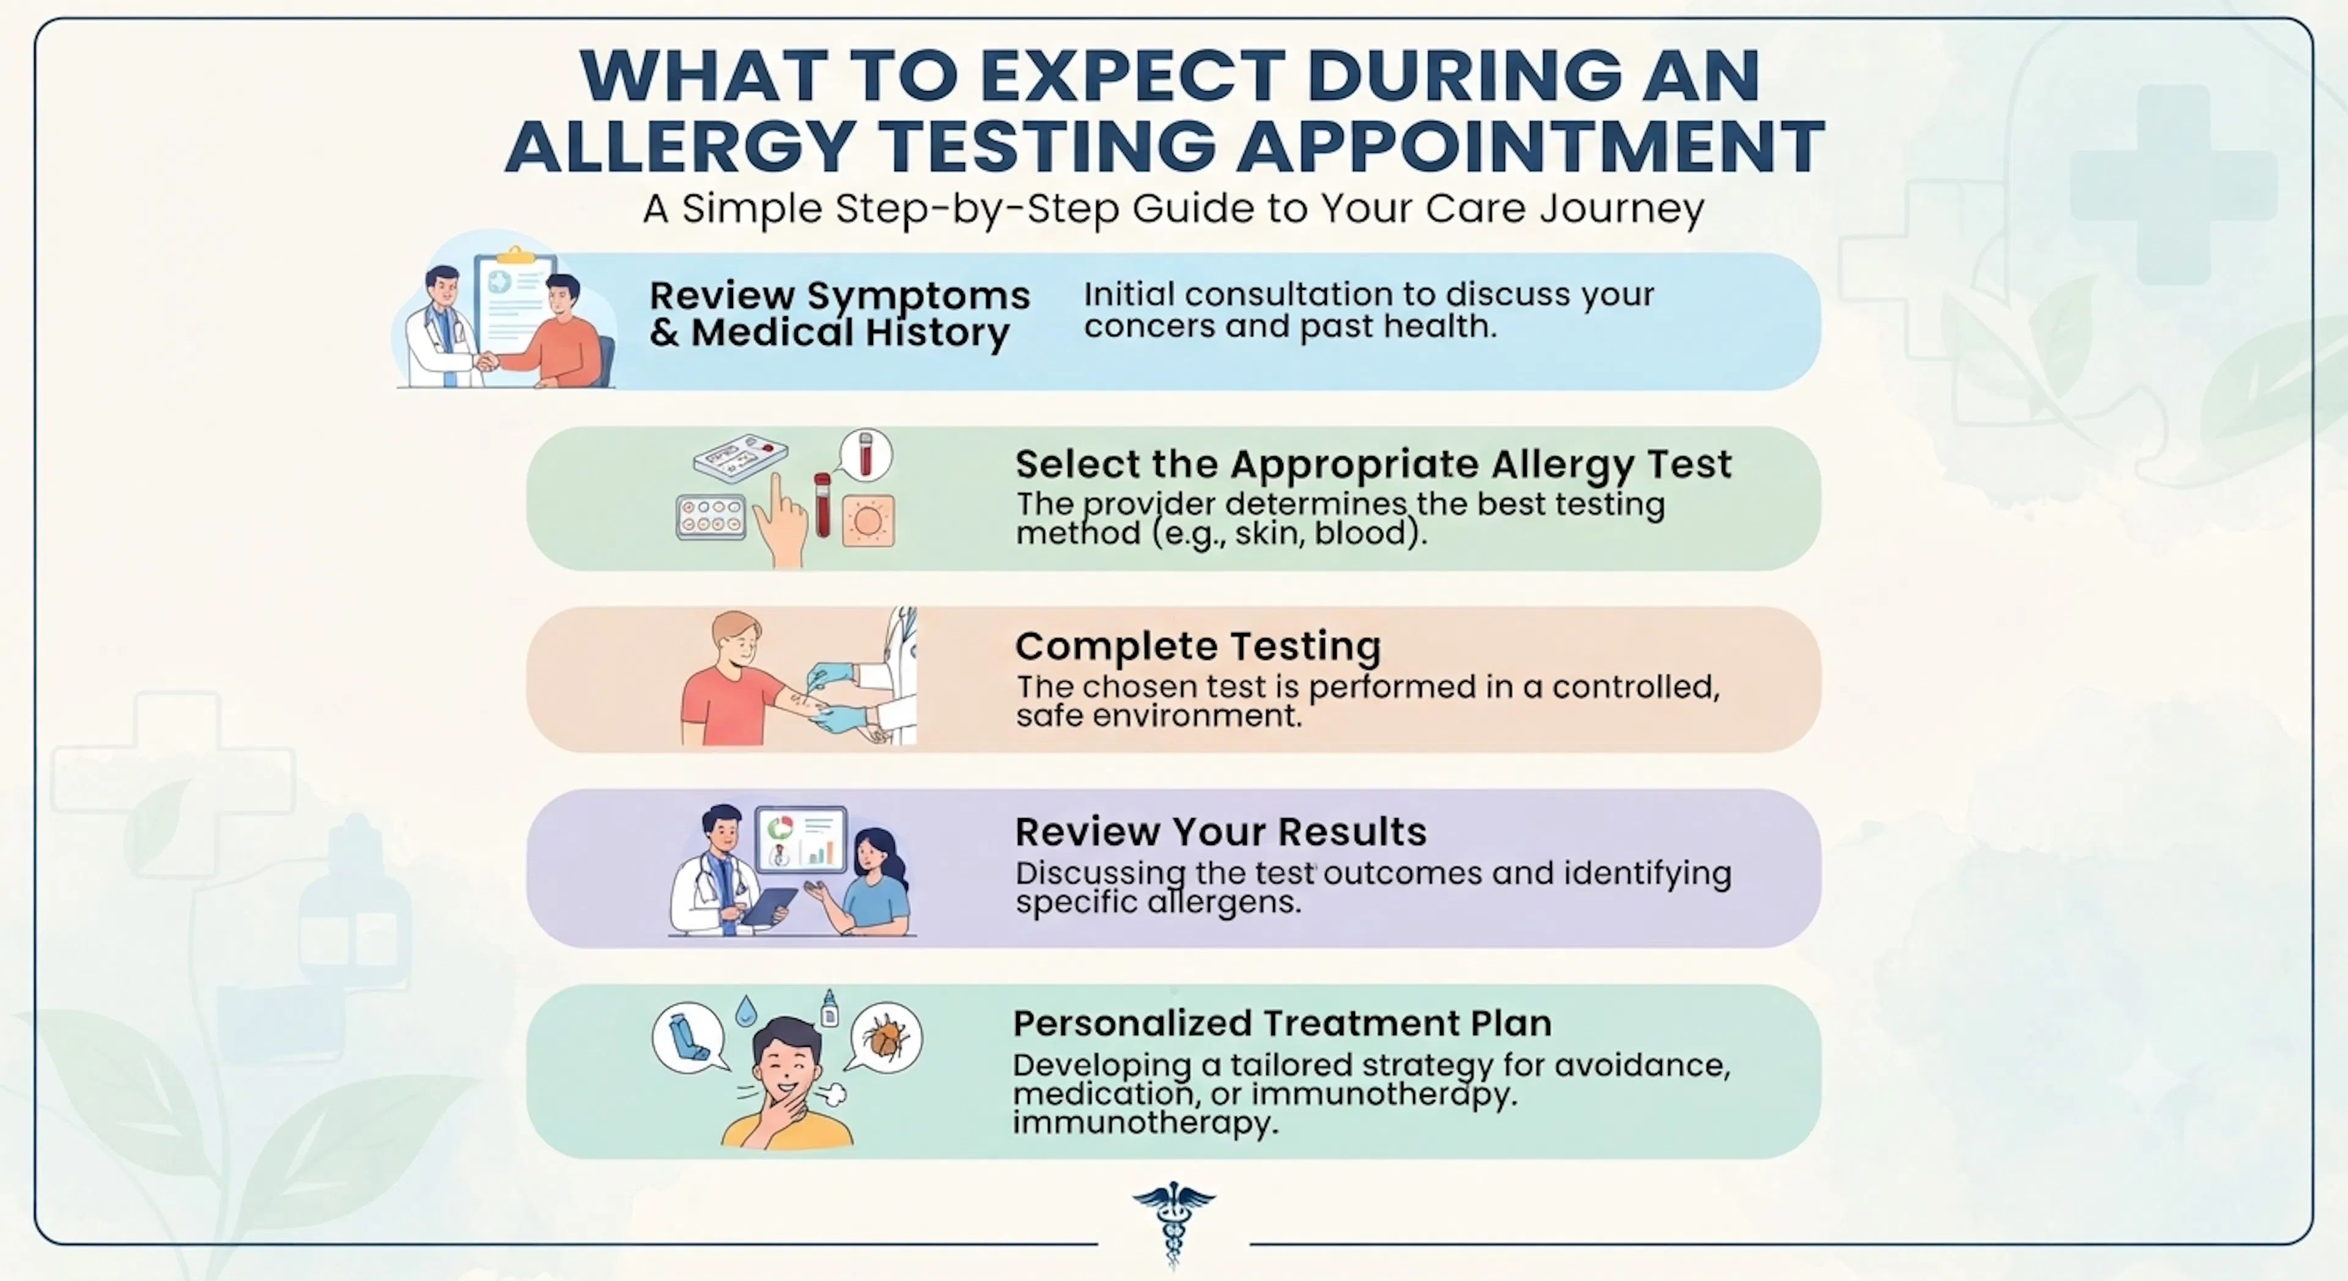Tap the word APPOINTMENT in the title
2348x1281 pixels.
click(x=1530, y=146)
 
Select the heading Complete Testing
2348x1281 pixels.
click(x=1198, y=646)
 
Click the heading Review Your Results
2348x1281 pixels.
click(x=1220, y=832)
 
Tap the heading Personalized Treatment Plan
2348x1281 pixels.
click(x=1282, y=1023)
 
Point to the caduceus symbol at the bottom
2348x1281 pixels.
click(x=1173, y=1222)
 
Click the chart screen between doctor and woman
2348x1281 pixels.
click(x=801, y=839)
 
